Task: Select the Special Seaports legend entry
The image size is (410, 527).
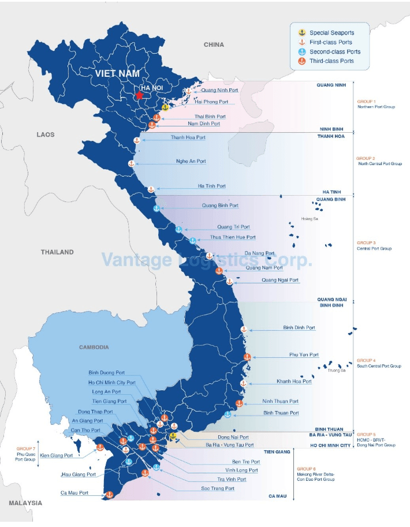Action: (331, 33)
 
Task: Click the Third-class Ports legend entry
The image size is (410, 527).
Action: (331, 61)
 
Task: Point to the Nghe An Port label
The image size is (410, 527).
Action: (191, 162)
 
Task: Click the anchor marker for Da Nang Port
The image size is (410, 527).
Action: (209, 256)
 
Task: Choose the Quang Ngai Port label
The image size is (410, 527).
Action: (280, 280)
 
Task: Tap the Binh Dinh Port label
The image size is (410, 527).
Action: (299, 328)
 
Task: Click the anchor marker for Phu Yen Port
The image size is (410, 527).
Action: (247, 357)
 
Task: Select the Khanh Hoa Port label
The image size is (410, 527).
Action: (294, 382)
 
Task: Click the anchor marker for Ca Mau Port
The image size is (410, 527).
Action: (108, 494)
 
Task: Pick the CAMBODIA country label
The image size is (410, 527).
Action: (94, 347)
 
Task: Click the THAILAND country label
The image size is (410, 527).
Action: (57, 252)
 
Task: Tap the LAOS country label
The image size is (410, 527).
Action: (45, 134)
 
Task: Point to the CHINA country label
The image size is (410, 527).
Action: (214, 44)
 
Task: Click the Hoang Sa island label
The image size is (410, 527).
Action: (310, 219)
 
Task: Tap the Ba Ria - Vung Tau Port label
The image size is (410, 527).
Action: (229, 445)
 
